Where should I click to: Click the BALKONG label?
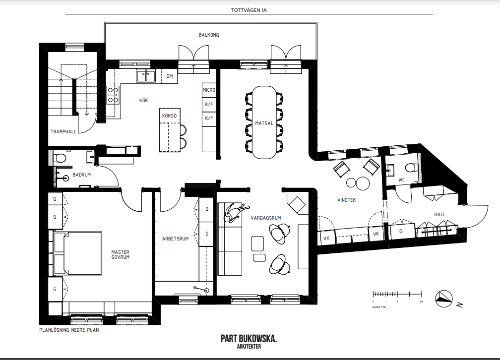pos(208,35)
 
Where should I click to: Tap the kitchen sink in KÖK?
pos(146,76)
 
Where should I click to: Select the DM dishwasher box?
pos(169,76)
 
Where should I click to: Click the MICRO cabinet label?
pos(209,90)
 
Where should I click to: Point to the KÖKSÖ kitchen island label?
pos(169,116)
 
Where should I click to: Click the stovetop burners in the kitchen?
pos(113,95)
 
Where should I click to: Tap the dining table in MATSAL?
pos(264,122)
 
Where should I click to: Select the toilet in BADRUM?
pos(59,158)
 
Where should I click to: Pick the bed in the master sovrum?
pos(78,253)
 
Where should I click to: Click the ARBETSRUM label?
pos(175,239)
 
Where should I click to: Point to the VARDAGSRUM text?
pos(266,218)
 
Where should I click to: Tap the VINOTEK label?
pos(346,200)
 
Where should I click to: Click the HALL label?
pos(439,215)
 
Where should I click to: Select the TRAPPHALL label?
pos(63,131)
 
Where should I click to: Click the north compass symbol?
pos(444,299)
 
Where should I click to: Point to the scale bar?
pos(397,294)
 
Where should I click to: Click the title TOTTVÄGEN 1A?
pos(249,10)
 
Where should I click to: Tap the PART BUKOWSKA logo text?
pos(249,339)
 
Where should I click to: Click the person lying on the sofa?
pos(235,212)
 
